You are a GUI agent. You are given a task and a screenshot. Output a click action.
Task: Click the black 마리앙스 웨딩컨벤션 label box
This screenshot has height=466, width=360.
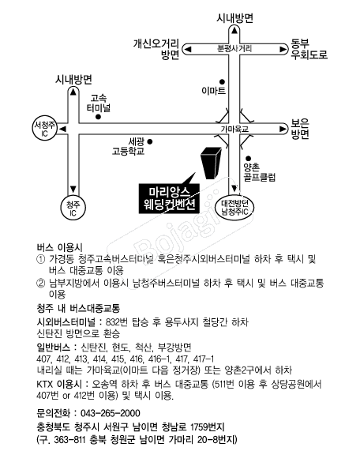169,198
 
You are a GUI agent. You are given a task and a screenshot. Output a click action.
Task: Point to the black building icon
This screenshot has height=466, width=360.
212,163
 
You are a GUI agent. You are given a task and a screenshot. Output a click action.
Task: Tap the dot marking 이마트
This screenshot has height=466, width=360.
222,81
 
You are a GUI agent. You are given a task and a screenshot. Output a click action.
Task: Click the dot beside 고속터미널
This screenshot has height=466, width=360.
99,117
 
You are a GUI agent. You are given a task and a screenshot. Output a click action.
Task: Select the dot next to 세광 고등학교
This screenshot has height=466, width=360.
150,142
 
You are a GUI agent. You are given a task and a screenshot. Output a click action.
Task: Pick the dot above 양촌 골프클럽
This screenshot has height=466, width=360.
249,159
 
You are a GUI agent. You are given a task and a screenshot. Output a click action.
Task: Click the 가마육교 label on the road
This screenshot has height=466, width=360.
234,130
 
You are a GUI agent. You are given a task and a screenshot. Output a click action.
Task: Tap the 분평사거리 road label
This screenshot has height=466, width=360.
234,48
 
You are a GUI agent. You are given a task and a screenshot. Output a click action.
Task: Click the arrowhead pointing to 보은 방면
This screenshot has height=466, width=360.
283,129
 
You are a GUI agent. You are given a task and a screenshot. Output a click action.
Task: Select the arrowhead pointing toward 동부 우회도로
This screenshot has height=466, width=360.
283,49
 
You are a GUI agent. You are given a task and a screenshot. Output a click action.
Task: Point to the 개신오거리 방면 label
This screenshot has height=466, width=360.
156,49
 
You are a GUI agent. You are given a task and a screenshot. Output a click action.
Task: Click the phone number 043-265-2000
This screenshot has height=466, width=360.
111,413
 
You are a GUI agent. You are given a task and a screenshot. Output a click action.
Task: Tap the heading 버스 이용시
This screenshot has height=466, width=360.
60,247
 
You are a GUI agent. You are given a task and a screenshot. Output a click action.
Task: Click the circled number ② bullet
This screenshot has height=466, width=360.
40,284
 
